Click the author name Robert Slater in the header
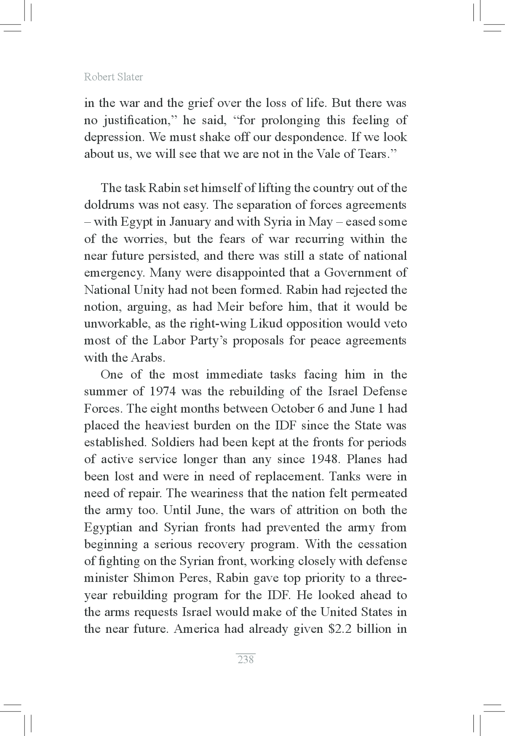[x=113, y=77]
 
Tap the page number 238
[x=246, y=659]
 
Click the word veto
[x=396, y=324]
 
